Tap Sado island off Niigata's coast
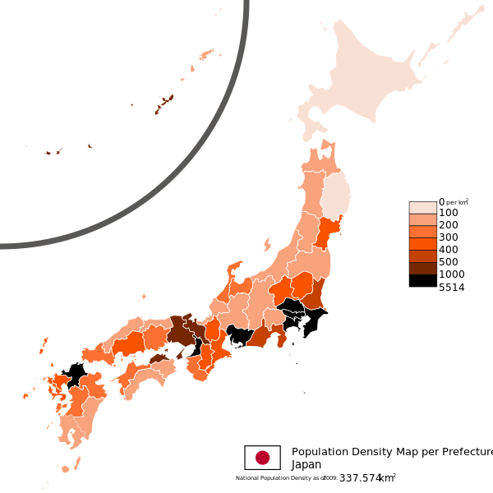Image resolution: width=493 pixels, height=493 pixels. (x=267, y=243)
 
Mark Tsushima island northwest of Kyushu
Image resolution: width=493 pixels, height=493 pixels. (x=43, y=344)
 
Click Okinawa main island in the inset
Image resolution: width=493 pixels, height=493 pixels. (x=164, y=104)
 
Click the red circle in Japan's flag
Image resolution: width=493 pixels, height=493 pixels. (x=262, y=458)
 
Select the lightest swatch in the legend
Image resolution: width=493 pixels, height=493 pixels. (x=423, y=208)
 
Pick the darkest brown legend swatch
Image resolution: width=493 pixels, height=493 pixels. (x=423, y=268)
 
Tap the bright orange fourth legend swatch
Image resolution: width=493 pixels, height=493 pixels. (x=423, y=244)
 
